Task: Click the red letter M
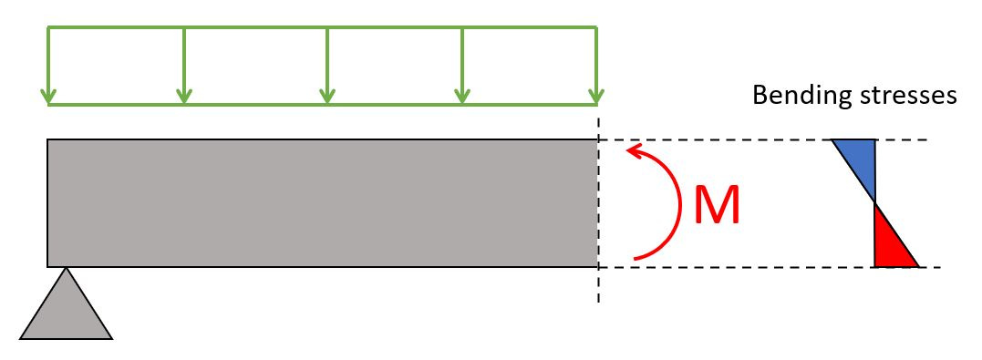click(718, 206)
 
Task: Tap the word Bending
click(792, 96)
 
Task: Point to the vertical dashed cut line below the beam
click(598, 286)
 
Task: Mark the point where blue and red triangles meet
click(875, 202)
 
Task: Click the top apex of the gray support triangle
click(66, 269)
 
